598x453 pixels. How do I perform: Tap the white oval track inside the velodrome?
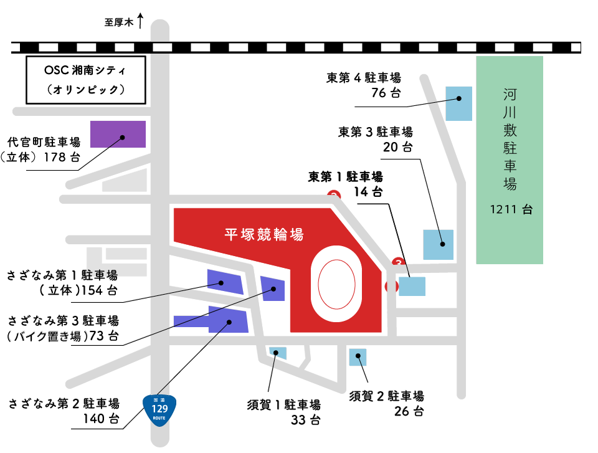[337, 284]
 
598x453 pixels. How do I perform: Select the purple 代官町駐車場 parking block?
[118, 134]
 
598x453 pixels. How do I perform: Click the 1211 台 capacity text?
[511, 209]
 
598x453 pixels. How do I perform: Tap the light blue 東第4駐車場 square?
[459, 103]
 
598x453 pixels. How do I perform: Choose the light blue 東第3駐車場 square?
[439, 245]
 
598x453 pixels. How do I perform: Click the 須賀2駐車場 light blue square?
[358, 357]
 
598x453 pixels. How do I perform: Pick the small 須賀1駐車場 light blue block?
[277, 353]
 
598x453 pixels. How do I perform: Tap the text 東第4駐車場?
[364, 78]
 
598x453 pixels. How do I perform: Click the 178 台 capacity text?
[62, 157]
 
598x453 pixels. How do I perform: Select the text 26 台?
[409, 411]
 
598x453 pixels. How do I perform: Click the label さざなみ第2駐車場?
[64, 403]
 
